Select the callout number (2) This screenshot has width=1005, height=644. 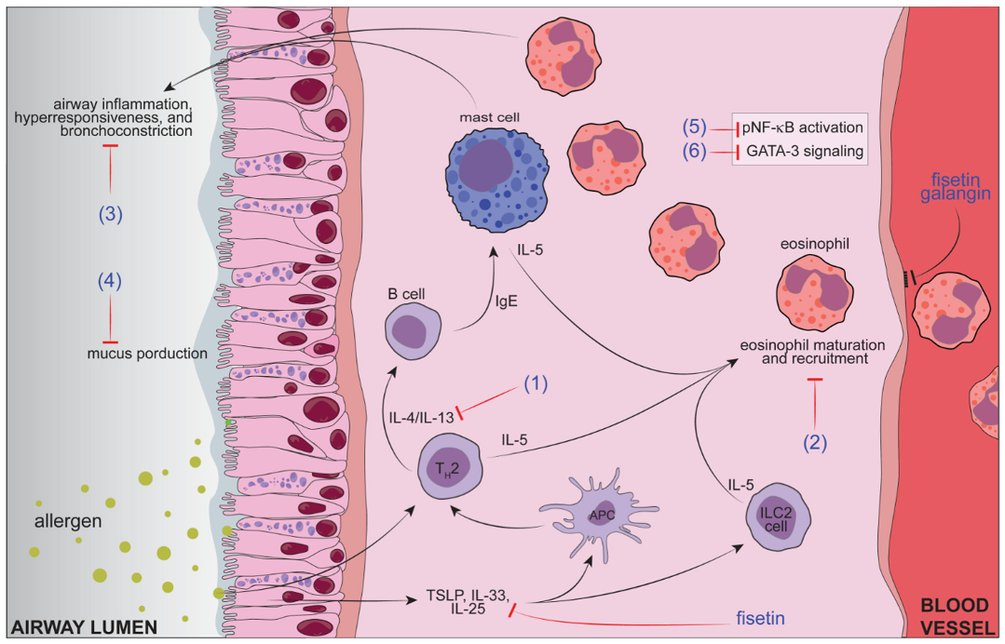[x=815, y=443]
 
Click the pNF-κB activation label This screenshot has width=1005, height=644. [x=803, y=127]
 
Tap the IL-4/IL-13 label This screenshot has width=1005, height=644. [x=421, y=418]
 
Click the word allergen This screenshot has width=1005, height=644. [x=68, y=521]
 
